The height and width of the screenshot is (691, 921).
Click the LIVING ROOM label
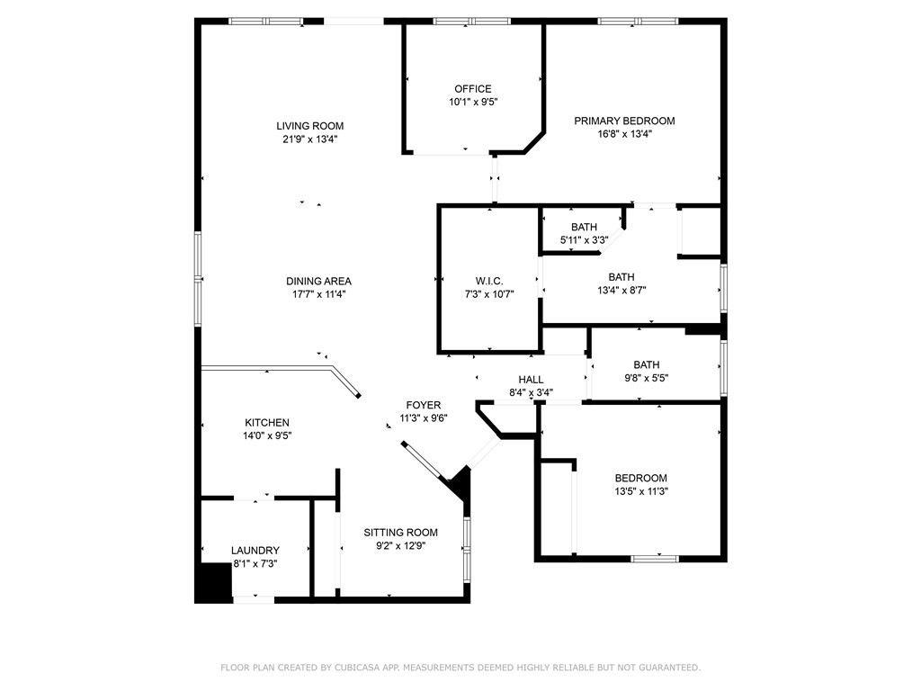310,126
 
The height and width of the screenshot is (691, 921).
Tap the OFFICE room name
473,89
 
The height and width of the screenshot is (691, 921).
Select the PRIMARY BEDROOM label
624,121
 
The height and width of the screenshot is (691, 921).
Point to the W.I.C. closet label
489,281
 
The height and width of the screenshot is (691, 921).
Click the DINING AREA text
319,281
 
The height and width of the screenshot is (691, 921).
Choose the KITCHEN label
267,423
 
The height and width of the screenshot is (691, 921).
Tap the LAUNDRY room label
255,551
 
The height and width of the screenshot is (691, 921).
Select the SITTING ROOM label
400,533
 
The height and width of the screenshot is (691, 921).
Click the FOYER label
424,405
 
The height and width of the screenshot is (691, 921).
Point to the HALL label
531,380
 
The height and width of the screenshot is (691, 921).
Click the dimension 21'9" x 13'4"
310,139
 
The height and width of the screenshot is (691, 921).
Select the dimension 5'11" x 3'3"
584,239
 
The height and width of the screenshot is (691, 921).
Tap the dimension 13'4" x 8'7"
621,290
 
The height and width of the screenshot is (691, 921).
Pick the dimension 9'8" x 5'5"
646,378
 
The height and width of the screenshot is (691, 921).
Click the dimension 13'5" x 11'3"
640,491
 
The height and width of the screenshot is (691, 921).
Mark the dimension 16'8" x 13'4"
624,133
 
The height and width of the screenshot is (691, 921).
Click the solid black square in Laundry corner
213,582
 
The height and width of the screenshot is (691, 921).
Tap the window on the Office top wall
471,22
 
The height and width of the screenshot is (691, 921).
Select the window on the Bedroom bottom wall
655,558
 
